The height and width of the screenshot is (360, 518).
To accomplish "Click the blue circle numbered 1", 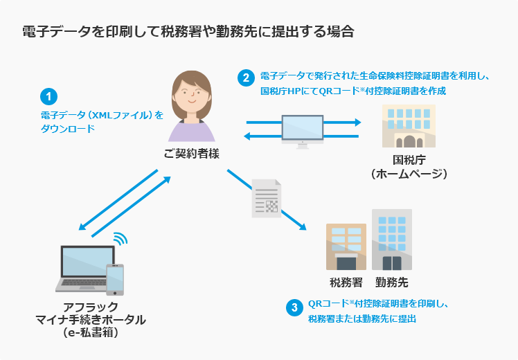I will (48, 96).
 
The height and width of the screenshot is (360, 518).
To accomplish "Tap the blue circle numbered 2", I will (246, 78).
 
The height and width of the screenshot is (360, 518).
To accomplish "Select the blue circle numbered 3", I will (295, 307).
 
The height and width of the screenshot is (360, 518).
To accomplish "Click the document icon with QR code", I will (266, 198).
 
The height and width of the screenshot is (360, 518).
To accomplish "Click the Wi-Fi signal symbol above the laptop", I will (120, 240).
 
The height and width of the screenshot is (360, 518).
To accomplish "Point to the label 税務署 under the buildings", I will (346, 282).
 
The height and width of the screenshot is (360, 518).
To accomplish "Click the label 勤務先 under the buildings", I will (392, 282).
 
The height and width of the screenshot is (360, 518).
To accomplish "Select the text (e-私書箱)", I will (90, 333).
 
